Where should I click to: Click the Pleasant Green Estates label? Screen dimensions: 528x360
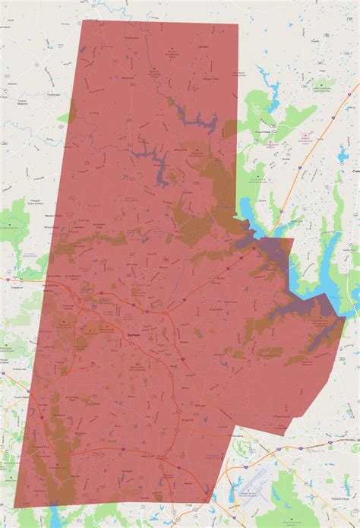point(21,201)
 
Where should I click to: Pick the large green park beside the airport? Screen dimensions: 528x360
point(292,486)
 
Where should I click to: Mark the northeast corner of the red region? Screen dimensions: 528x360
point(237,25)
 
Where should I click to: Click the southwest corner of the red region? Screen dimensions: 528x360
point(15,507)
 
